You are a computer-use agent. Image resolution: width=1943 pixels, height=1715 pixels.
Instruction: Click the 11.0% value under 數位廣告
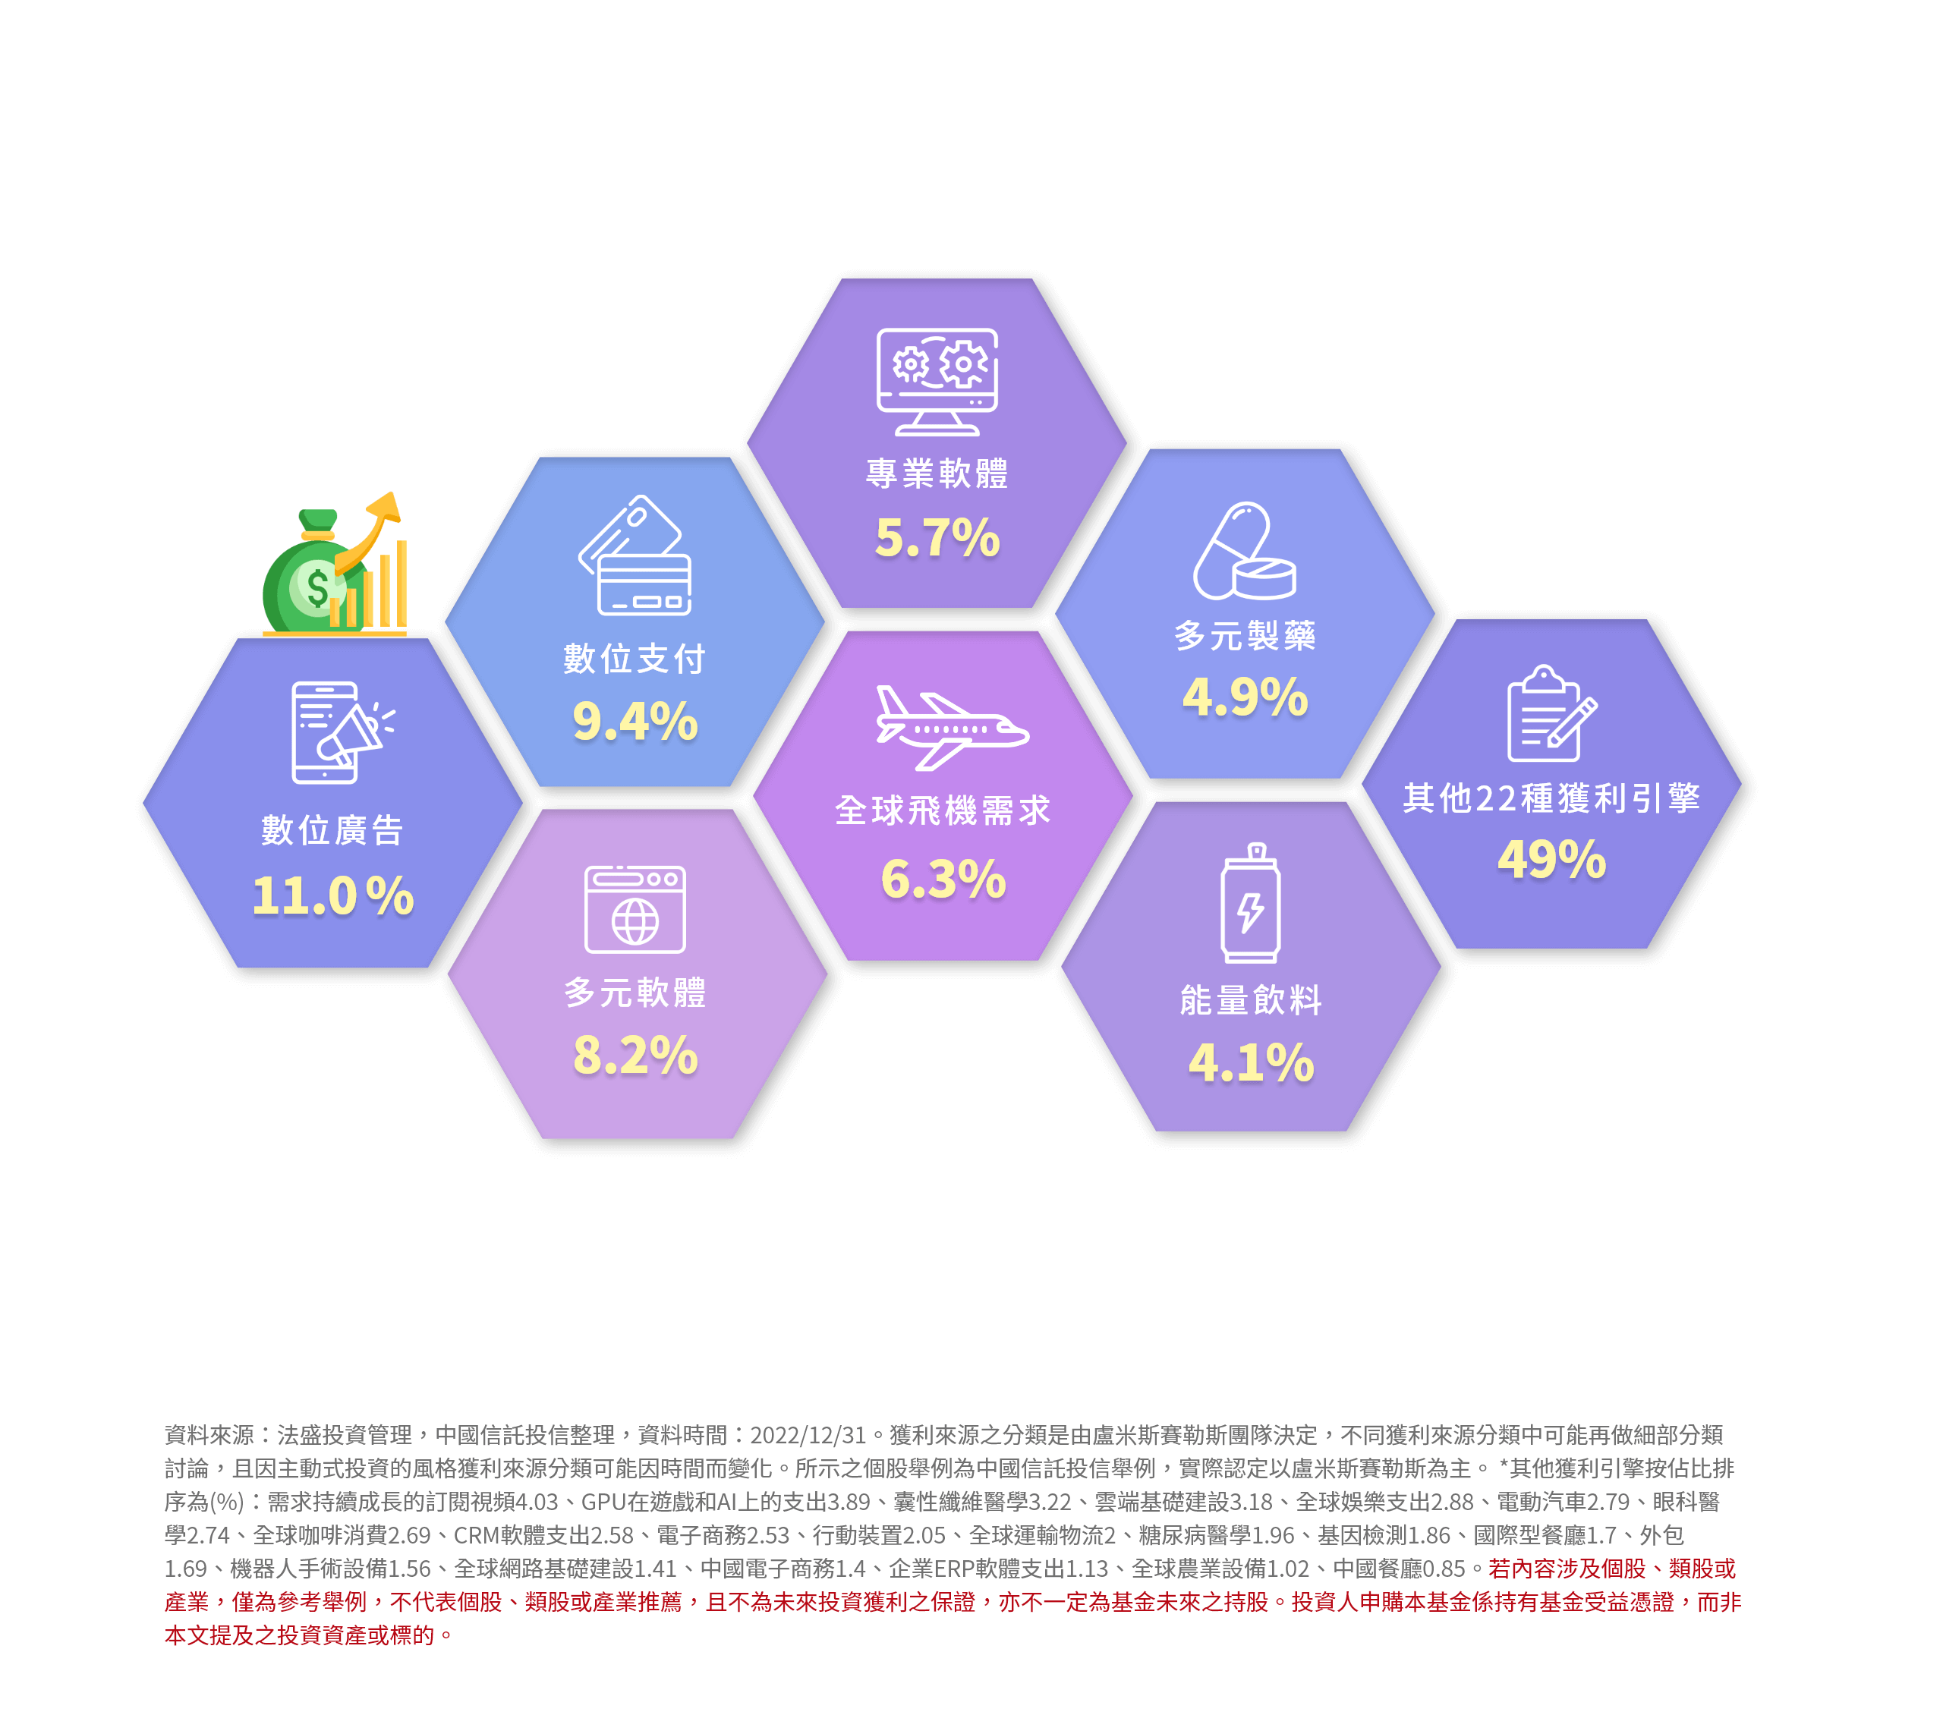[x=332, y=895]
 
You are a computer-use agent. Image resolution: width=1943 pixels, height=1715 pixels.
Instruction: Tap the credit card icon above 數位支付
[x=634, y=555]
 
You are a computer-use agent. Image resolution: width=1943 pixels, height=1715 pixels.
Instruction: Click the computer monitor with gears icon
[x=937, y=381]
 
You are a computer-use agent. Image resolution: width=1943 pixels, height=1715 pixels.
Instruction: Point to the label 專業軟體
[x=937, y=473]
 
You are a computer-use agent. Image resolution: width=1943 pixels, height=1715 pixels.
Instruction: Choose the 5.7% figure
[x=937, y=537]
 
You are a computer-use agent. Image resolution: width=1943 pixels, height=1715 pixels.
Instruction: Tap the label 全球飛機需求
[x=943, y=811]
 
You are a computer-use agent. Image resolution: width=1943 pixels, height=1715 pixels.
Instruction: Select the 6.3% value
[x=943, y=879]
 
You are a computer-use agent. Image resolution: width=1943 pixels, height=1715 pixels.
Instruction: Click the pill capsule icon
[x=1244, y=552]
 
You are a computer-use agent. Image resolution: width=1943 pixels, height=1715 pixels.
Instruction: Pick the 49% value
[x=1551, y=860]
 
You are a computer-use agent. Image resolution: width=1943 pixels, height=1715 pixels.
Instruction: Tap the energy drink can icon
[x=1251, y=903]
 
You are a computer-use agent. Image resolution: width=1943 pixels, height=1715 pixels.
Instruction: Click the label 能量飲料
[x=1251, y=1000]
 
